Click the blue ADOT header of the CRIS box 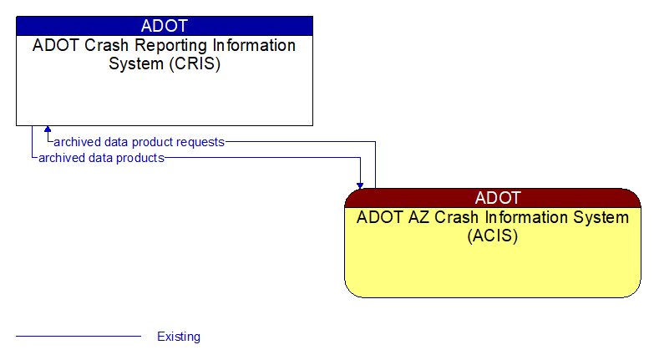click(x=164, y=25)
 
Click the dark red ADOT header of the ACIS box click(x=493, y=198)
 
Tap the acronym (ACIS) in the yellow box click(x=493, y=236)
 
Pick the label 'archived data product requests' click(x=139, y=142)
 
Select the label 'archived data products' click(x=101, y=157)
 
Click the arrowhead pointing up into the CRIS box click(x=48, y=130)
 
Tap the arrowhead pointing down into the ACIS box click(x=360, y=184)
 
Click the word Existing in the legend click(x=179, y=337)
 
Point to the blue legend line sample click(x=79, y=337)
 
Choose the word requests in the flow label click(x=201, y=142)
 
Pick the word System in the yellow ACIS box click(x=606, y=218)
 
